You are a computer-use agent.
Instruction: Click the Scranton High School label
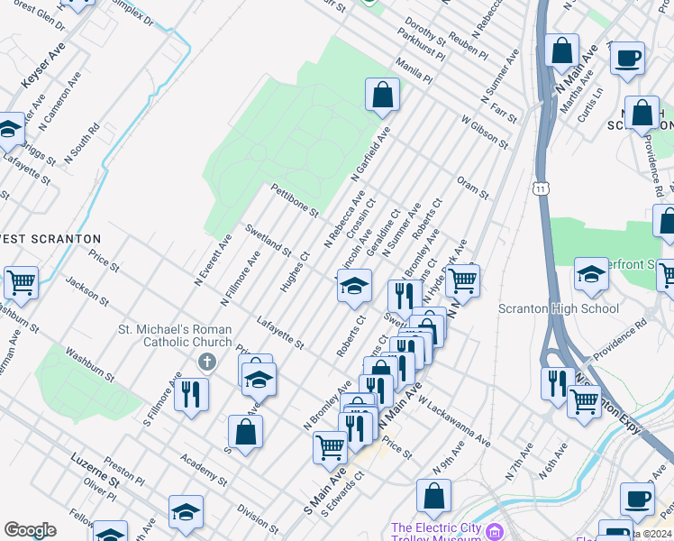[x=559, y=308]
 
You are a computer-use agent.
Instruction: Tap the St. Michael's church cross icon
[x=207, y=362]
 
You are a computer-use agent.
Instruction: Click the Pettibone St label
[x=295, y=199]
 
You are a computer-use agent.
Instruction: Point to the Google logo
[x=30, y=530]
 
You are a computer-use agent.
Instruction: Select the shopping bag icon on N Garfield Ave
[x=382, y=95]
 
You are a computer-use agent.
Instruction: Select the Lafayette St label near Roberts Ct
[x=280, y=331]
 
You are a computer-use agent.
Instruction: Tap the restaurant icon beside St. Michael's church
[x=191, y=394]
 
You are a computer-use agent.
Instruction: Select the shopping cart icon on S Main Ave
[x=330, y=447]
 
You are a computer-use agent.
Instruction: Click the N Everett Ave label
[x=214, y=259]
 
